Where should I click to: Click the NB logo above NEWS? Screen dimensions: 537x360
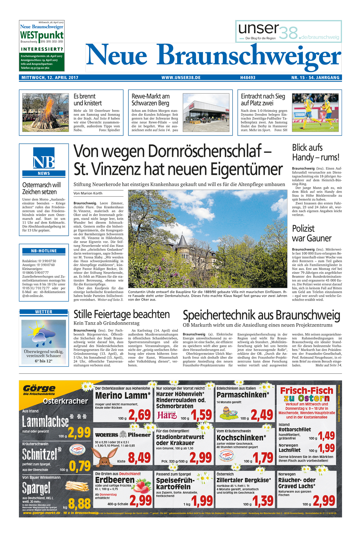tap(44, 158)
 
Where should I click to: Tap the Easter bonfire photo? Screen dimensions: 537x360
tap(45, 112)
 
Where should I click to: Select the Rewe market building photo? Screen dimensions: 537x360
tap(206, 112)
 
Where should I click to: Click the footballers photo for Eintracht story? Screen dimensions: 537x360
tap(315, 112)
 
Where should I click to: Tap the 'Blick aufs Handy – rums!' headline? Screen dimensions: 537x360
tap(315, 153)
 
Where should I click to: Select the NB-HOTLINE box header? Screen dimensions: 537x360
tap(44, 251)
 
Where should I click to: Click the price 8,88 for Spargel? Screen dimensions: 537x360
tap(79, 503)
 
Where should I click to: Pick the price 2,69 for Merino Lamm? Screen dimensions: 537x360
tap(139, 415)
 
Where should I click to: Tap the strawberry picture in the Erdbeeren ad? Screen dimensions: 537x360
tap(142, 486)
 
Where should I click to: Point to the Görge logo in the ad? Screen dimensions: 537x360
tap(39, 390)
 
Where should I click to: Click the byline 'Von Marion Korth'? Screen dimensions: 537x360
tap(88, 193)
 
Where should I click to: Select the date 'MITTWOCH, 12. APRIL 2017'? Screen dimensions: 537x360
tap(50, 78)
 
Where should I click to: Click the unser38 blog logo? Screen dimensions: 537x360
tap(288, 32)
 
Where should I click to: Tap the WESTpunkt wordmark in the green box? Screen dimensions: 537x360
tap(42, 35)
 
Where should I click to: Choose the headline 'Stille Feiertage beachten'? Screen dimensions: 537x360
tap(122, 314)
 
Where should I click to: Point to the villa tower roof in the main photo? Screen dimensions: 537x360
tap(183, 241)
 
